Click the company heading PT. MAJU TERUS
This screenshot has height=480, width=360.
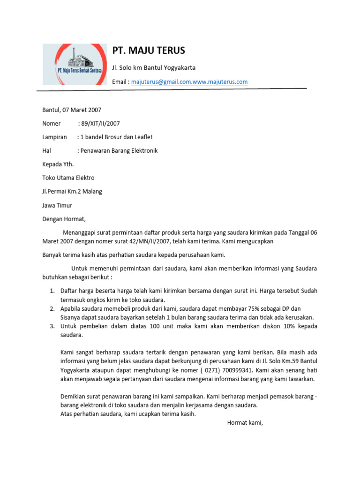149,51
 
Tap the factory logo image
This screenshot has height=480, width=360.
75,64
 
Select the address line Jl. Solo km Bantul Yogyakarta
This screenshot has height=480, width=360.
154,67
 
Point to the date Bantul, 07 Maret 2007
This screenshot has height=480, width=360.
72,110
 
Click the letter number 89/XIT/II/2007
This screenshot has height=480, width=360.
100,124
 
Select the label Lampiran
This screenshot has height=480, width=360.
55,137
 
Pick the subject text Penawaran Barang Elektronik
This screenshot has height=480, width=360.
119,151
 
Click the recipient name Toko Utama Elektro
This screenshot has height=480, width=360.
68,178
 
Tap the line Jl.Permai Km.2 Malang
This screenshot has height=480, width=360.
72,192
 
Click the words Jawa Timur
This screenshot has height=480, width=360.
57,205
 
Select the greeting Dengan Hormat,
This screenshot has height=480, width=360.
64,219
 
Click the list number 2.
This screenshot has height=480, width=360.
52,308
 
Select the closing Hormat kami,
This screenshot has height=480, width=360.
245,423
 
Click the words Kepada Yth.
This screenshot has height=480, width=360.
58,165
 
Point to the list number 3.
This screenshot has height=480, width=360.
52,326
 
